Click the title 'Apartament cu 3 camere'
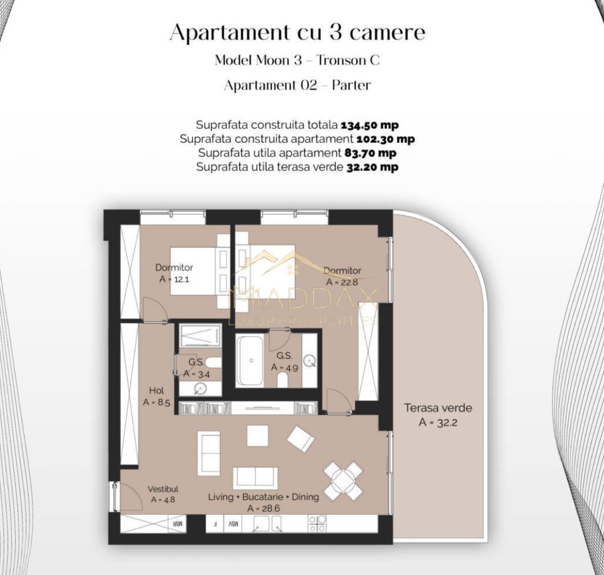297,33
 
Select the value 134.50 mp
369,125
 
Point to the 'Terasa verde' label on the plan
438,408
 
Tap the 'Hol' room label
156,390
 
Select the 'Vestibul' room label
163,489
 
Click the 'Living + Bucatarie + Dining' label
263,497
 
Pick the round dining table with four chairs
342,481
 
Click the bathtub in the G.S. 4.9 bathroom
251,361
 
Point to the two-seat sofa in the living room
256,478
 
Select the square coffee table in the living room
257,435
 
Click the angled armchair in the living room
301,438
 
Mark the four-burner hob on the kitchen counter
317,524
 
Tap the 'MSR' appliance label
176,524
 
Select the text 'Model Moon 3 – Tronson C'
297,60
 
